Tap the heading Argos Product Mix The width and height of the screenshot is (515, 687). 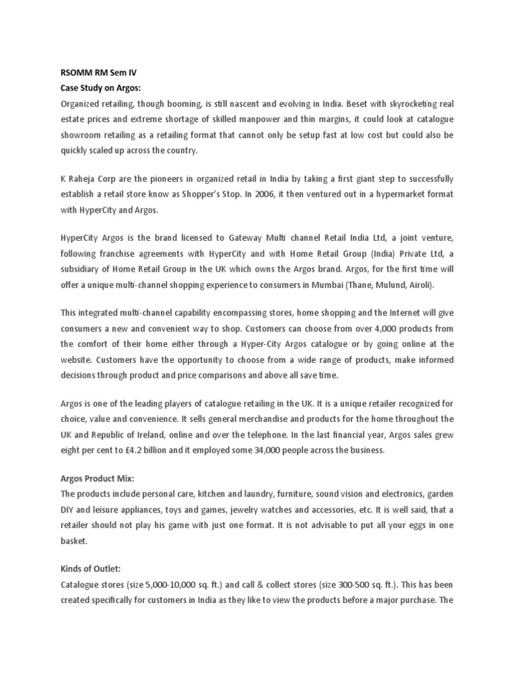(97, 481)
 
